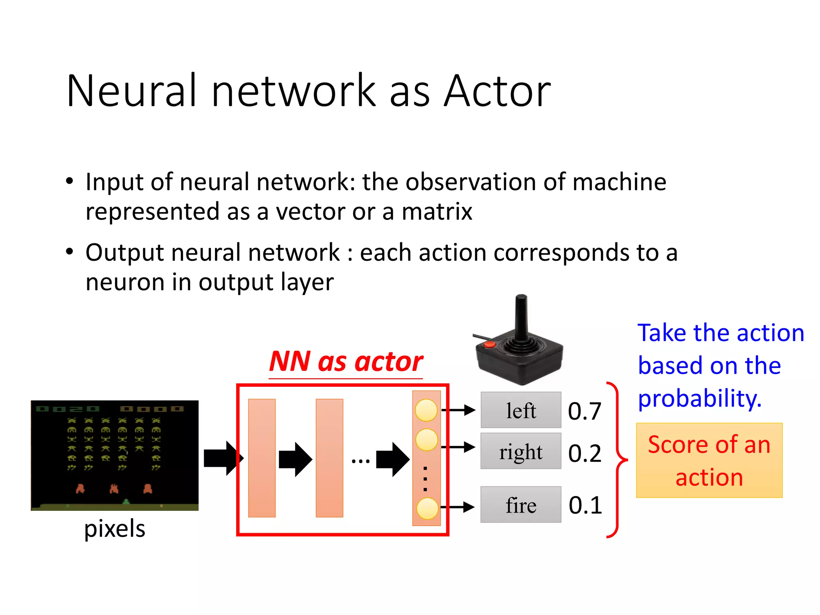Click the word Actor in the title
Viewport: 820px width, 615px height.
[497, 91]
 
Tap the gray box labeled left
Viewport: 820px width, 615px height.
[521, 410]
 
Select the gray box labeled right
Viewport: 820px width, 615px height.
[521, 451]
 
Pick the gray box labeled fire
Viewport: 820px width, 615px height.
[521, 504]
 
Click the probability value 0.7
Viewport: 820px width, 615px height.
[585, 411]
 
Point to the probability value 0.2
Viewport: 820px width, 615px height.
[585, 453]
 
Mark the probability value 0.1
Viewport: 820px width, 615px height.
[585, 505]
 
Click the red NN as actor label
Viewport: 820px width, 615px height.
[346, 361]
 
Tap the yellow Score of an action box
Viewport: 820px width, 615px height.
[709, 460]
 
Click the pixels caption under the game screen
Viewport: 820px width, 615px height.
[115, 529]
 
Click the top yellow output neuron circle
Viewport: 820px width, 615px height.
[426, 410]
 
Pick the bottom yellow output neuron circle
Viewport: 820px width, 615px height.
[427, 508]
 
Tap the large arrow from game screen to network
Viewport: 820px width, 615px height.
[223, 458]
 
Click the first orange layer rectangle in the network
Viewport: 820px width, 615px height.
[262, 458]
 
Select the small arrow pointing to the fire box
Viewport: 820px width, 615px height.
[458, 507]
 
